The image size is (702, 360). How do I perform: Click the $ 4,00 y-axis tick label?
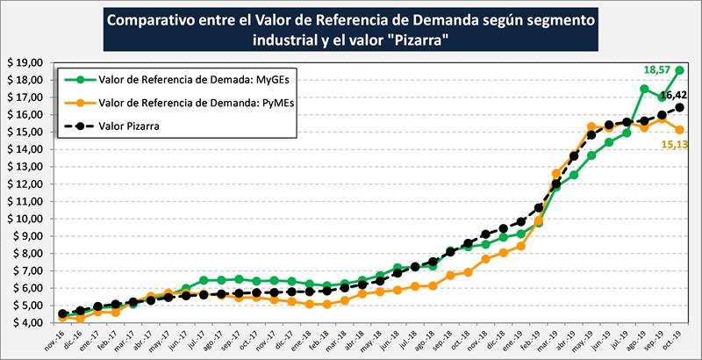click(x=29, y=323)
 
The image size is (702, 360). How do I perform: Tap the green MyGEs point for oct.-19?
click(x=680, y=70)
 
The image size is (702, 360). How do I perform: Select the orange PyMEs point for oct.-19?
click(x=680, y=130)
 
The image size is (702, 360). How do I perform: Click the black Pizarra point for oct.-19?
click(x=680, y=107)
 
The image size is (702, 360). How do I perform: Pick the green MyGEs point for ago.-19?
click(x=645, y=89)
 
